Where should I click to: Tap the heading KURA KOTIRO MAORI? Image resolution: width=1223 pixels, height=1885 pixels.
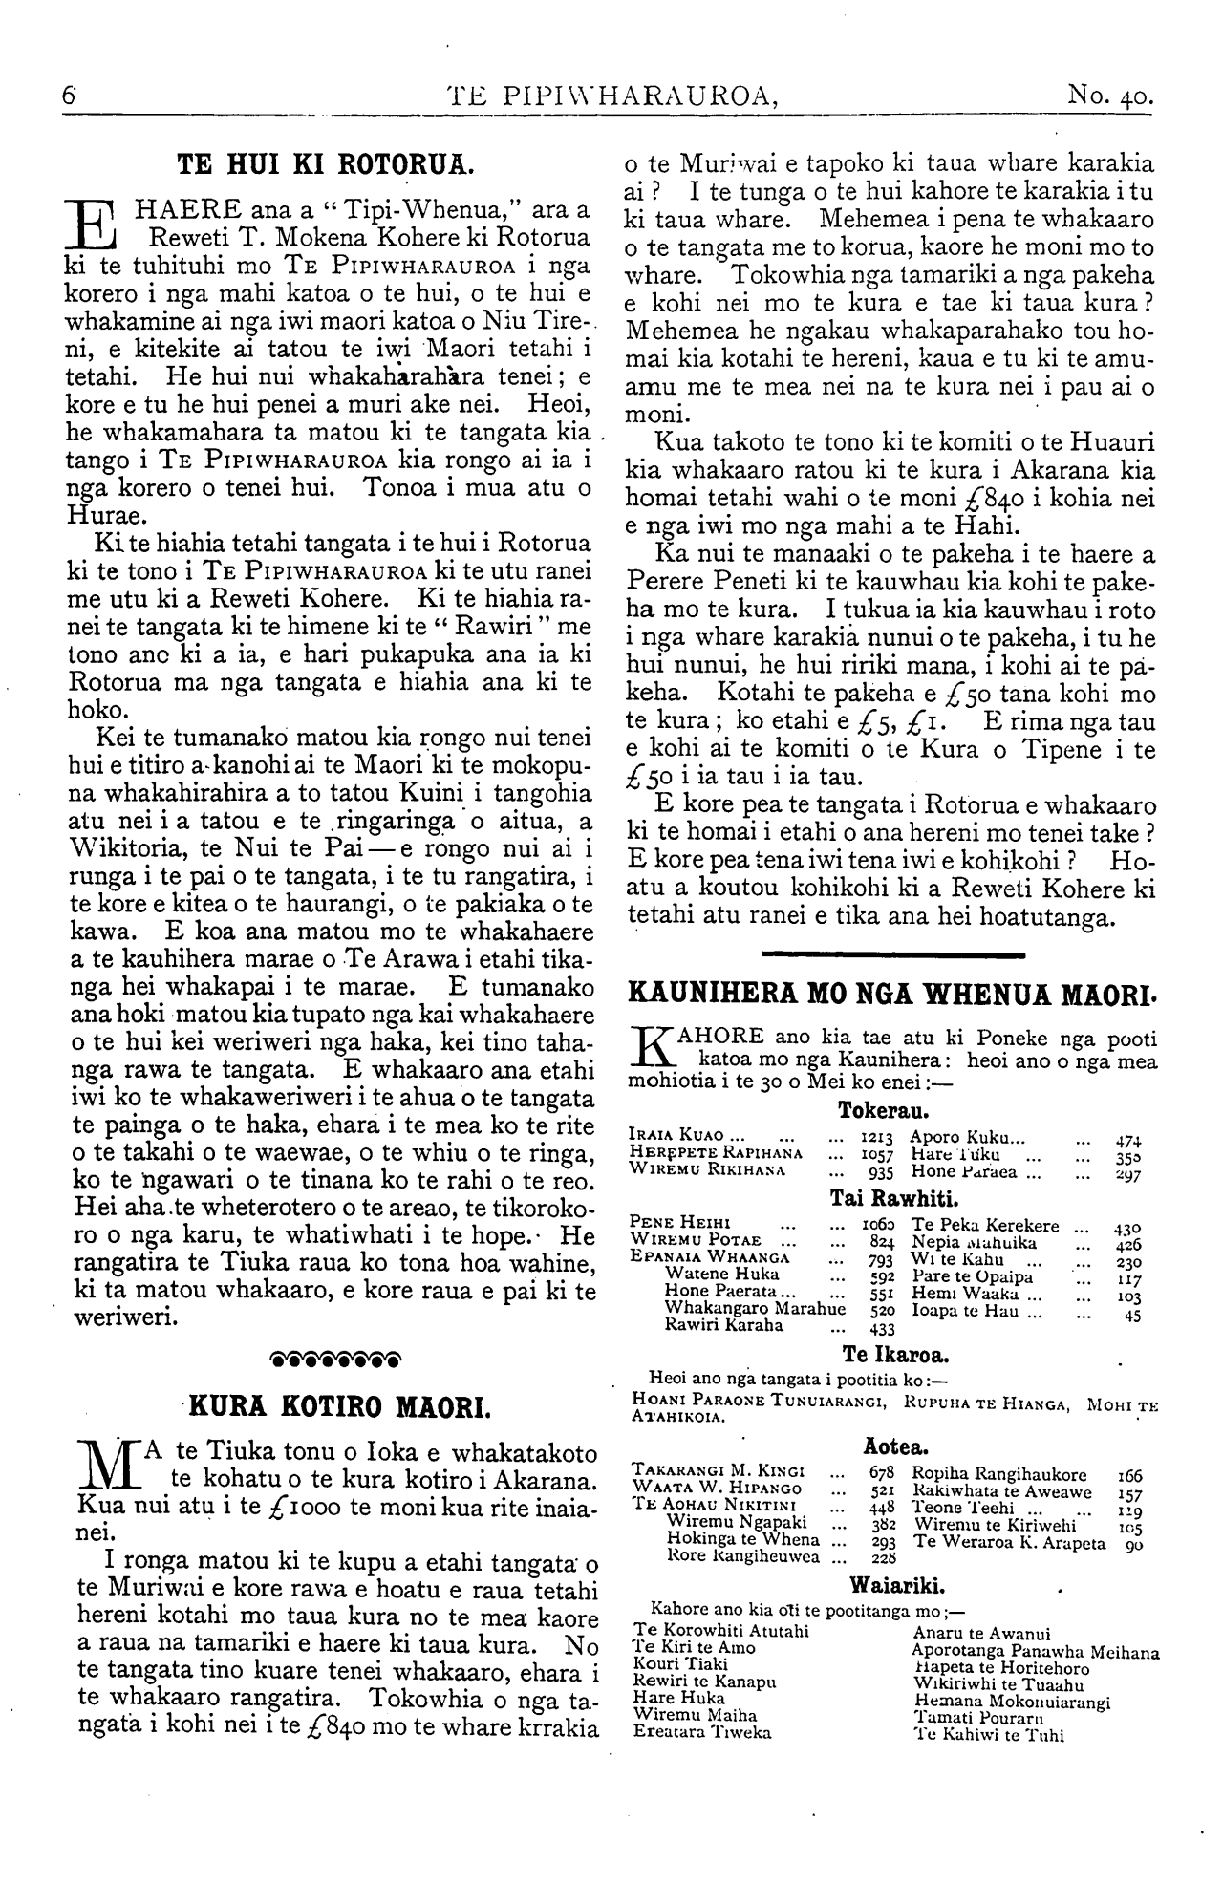[x=338, y=1405]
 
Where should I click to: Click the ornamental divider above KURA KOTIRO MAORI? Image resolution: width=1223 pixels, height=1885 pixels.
[x=335, y=1357]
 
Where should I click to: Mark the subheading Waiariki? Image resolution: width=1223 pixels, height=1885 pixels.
[x=897, y=1587]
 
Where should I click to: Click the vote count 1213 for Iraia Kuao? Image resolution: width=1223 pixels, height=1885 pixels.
[x=876, y=1138]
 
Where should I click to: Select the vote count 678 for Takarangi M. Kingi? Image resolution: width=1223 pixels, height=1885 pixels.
[x=882, y=1474]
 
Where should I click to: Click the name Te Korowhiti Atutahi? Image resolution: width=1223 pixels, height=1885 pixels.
[x=720, y=1630]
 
